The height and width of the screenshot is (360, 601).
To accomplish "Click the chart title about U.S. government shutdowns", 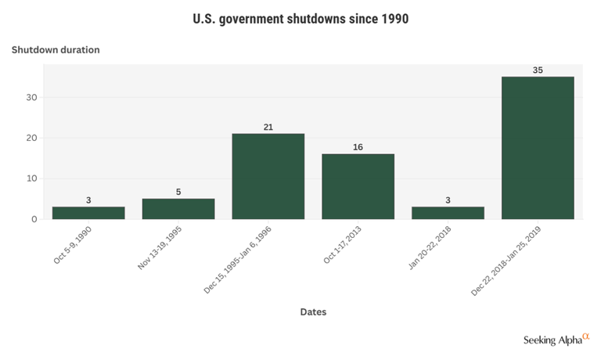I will coord(300,18).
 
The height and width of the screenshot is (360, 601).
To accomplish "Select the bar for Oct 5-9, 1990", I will coord(88,213).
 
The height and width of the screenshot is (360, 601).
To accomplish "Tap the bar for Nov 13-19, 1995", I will coord(178,209).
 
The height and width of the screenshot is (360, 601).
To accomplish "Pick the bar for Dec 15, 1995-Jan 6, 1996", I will coord(268,176).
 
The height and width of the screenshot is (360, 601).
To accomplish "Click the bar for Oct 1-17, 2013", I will coord(358,186).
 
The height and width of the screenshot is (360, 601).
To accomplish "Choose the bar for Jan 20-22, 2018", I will coord(448,213).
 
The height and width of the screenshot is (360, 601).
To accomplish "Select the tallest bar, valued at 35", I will coord(538,148).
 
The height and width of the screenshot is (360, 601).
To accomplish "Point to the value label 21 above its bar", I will coord(268,127).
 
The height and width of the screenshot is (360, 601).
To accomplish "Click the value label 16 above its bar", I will coord(358,147).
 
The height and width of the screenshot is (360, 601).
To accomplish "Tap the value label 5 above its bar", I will coord(178,192).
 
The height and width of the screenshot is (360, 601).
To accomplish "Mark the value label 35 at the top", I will coord(538,70).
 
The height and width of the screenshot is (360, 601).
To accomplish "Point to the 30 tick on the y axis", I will coord(31,98).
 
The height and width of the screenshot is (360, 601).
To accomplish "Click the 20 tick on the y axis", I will coord(31,138).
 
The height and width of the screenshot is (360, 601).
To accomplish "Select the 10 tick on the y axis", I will coord(31,178).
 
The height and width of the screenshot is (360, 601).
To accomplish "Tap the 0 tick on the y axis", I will coord(34,219).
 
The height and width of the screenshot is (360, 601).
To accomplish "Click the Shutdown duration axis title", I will coord(56,50).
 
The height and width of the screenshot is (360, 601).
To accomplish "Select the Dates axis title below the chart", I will coord(313,311).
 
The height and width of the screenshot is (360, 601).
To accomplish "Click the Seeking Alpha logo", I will coord(556,340).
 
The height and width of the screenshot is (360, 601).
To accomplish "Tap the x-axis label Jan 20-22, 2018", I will coord(433,246).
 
